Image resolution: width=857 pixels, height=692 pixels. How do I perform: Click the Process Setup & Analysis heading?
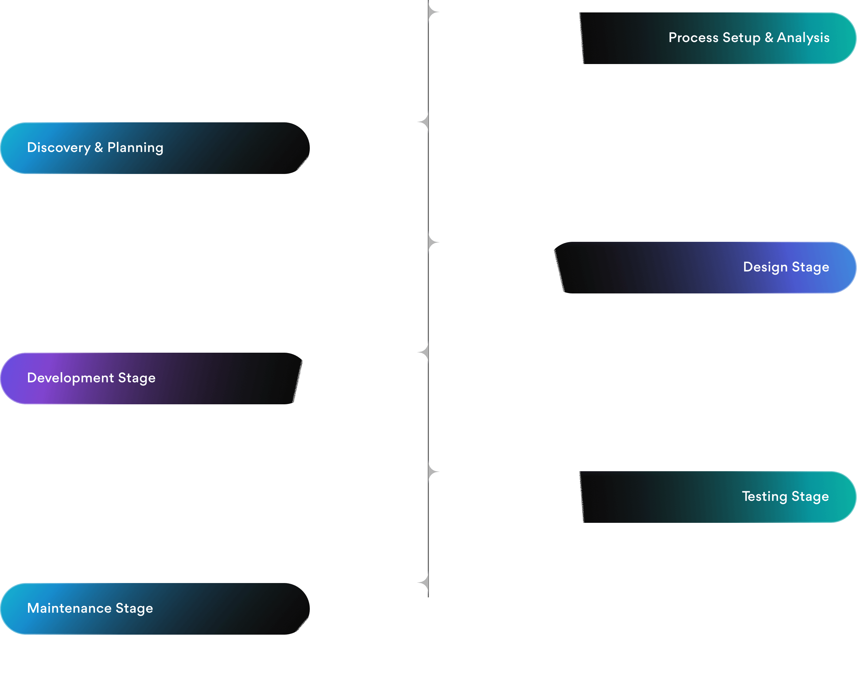pos(749,38)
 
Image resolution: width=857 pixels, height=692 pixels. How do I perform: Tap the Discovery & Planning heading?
pos(95,148)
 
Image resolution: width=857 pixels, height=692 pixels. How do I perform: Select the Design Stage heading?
pos(786,267)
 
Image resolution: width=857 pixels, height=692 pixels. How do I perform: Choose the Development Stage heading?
pos(91,378)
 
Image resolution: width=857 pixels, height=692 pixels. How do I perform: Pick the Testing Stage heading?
pos(785,496)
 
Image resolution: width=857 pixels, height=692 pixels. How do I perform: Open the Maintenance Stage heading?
pos(90,608)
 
